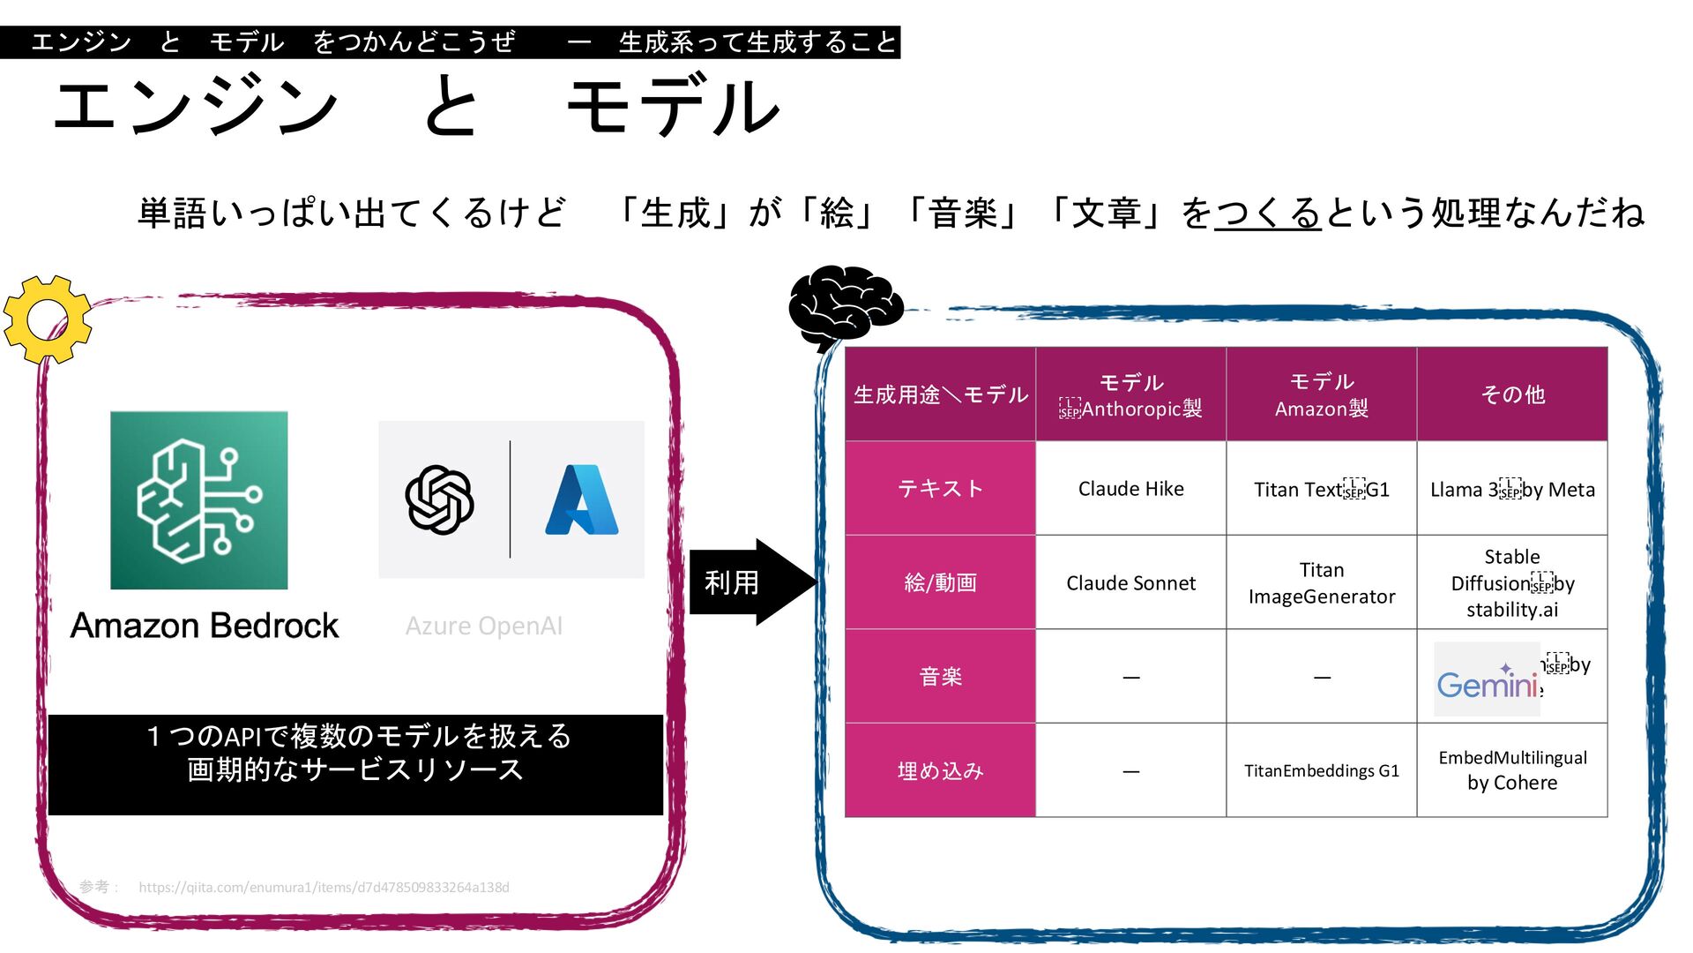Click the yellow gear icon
click(48, 319)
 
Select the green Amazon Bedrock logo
click(198, 500)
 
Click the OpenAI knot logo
click(439, 499)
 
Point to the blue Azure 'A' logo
click(582, 499)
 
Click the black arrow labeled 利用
click(750, 582)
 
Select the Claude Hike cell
click(1130, 489)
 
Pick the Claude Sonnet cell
click(1130, 583)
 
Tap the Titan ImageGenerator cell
click(1321, 583)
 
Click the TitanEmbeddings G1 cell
click(1321, 771)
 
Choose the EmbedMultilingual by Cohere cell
click(1511, 770)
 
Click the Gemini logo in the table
click(1488, 679)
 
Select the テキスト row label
click(940, 489)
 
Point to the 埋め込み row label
click(940, 771)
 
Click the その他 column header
click(1511, 394)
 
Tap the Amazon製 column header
click(1321, 394)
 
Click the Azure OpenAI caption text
click(483, 627)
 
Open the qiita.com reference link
click(324, 888)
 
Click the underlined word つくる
click(1267, 214)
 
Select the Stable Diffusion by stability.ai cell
click(1511, 583)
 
